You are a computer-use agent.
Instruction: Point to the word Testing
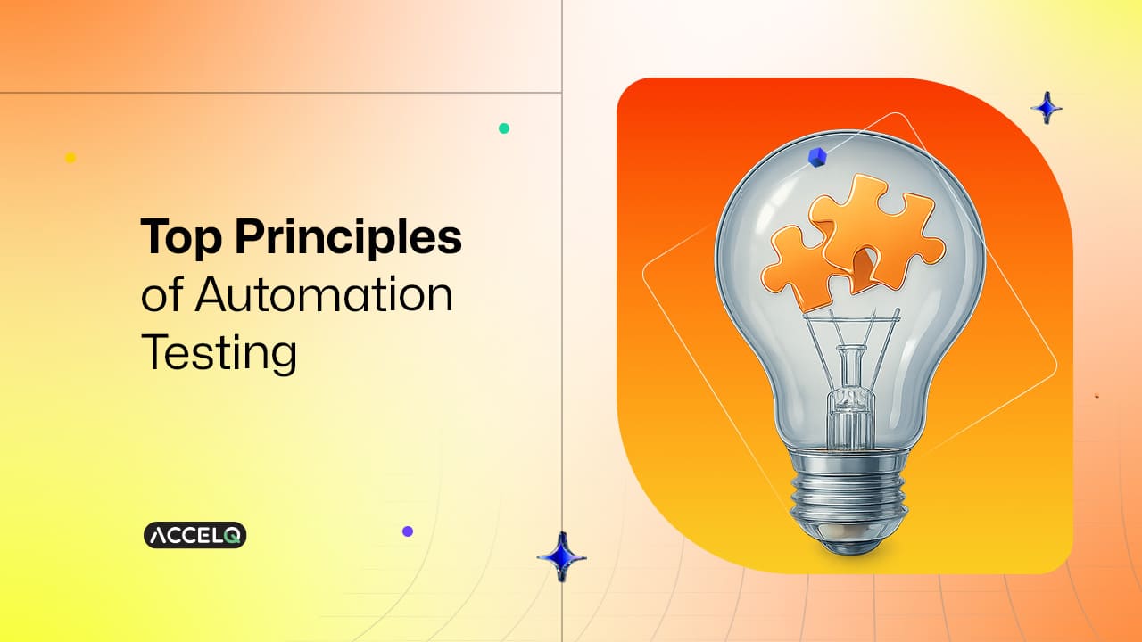[219, 353]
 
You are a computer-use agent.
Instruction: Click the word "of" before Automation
[159, 296]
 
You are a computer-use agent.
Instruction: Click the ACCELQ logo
[194, 535]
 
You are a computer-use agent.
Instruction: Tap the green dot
[504, 128]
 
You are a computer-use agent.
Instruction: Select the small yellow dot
[70, 158]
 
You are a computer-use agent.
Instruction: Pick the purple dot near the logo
[408, 531]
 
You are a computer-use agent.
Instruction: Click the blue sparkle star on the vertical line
[561, 557]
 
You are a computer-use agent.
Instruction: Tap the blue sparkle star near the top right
[1047, 108]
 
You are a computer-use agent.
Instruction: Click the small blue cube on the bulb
[815, 158]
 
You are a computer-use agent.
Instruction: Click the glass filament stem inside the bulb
[840, 392]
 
